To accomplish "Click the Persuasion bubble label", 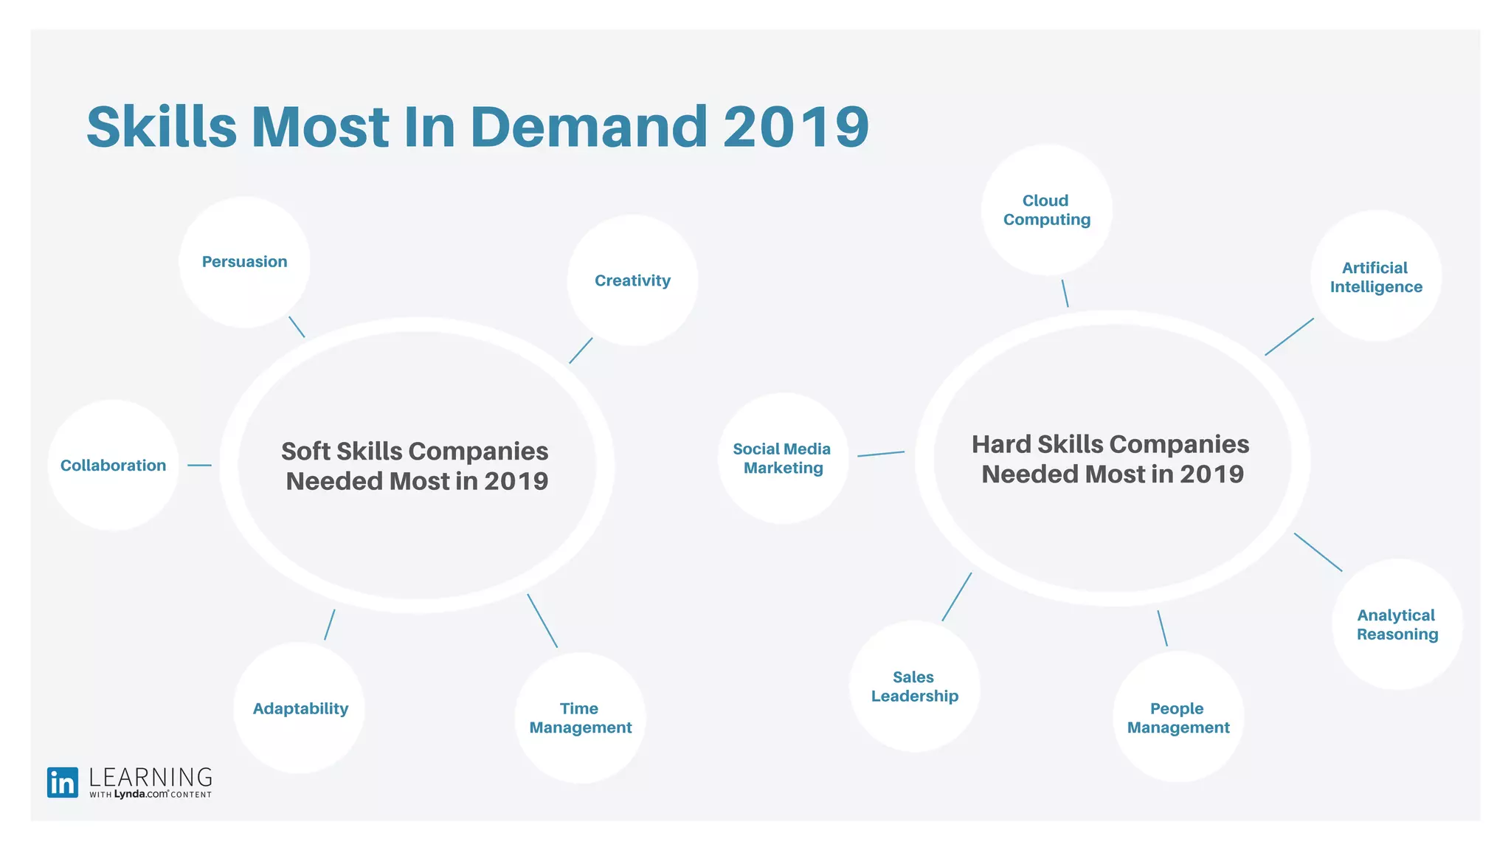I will point(244,262).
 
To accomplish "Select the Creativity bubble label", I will point(632,280).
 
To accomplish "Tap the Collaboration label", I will point(113,466).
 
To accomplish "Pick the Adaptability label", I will point(300,708).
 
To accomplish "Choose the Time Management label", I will point(580,718).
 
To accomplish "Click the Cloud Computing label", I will point(1046,210).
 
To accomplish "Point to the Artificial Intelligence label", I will point(1376,277).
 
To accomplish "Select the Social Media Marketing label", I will point(782,458).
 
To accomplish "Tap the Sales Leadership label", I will point(914,686).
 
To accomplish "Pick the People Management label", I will point(1178,718).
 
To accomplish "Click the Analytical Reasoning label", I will point(1397,625).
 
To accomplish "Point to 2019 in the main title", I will point(796,127).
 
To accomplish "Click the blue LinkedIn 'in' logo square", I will point(63,783).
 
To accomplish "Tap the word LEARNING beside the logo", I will point(151,778).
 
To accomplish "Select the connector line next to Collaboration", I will point(199,466).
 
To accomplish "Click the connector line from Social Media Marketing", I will point(881,454).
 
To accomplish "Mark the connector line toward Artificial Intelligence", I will point(1289,337).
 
